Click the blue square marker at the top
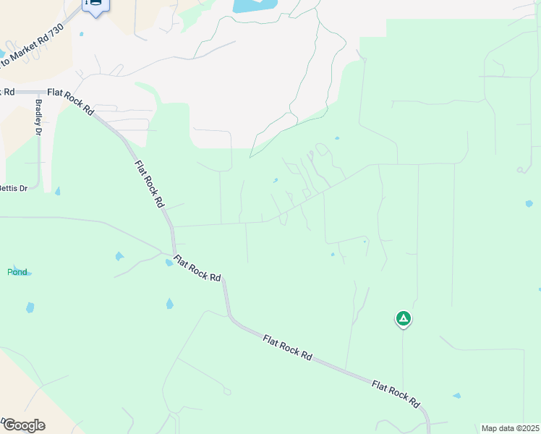(95, 4)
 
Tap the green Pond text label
(17, 272)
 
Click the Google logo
(23, 425)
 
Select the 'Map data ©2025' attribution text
(510, 428)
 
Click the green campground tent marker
(403, 318)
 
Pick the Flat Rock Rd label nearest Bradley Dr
(71, 102)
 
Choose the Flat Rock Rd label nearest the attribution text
(396, 393)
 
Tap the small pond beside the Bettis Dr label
(57, 191)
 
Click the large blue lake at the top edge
(254, 6)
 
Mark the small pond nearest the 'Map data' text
(456, 396)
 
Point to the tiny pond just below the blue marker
(82, 34)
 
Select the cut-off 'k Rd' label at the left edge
(8, 92)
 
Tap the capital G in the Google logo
(8, 425)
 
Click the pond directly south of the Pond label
(30, 307)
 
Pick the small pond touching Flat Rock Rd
(169, 263)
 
